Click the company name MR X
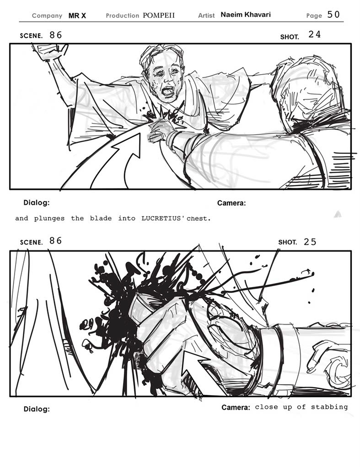77,16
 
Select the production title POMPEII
159,16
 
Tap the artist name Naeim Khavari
246,15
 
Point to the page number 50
333,14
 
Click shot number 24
314,34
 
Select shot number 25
310,242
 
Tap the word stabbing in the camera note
329,407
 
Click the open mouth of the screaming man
168,91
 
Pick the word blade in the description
101,218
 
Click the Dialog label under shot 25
37,409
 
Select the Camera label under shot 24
231,203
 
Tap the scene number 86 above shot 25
56,241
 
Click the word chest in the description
199,218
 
